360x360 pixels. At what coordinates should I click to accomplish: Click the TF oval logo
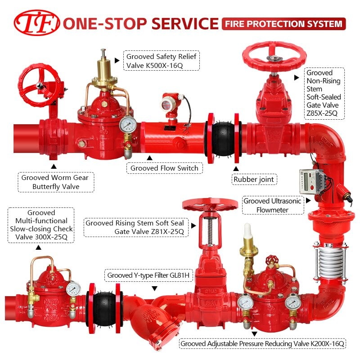point(37,23)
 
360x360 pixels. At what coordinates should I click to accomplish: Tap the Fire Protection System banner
point(284,24)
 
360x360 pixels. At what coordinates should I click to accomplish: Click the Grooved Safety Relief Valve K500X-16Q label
point(162,61)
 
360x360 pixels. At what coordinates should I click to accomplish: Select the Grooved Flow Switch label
point(164,168)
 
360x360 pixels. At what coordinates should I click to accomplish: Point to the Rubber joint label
point(254,179)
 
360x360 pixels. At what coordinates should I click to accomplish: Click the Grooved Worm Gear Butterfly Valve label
point(56,182)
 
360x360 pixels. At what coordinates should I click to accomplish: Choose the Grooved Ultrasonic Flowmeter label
point(273,205)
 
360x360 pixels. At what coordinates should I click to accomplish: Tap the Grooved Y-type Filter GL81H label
point(148,275)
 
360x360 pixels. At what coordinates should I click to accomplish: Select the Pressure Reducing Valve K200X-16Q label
point(262,344)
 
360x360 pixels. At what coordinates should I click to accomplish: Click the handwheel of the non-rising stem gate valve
point(274,57)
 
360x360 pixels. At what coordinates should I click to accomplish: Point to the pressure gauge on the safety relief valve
point(128,125)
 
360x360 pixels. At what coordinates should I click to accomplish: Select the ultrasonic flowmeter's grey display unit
point(311,182)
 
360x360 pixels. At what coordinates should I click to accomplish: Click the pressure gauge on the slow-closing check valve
point(73,289)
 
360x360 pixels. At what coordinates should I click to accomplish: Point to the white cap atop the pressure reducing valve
point(247,231)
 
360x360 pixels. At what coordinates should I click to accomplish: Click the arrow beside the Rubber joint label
point(236,168)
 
